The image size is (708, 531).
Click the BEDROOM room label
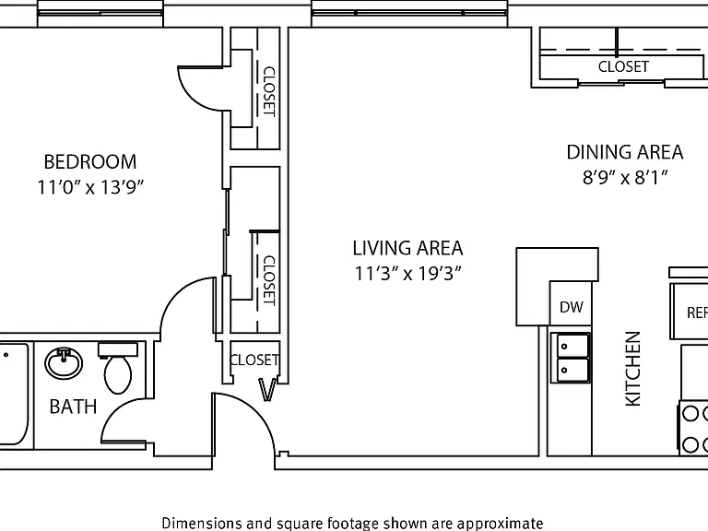(89, 161)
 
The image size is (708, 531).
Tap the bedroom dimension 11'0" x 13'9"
(89, 186)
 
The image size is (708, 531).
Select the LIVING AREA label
(407, 248)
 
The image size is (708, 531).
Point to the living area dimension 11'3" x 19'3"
(407, 273)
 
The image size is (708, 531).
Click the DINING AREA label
(625, 152)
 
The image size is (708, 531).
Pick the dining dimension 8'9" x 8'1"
(625, 177)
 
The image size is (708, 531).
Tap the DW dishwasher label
(572, 307)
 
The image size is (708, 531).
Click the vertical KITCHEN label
(632, 369)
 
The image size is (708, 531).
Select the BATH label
(73, 407)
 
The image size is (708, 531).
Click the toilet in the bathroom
(118, 368)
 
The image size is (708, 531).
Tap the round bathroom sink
(64, 363)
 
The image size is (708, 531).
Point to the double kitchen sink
(570, 358)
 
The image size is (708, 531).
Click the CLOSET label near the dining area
(623, 66)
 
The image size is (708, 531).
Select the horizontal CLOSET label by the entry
(254, 360)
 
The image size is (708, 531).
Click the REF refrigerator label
(697, 313)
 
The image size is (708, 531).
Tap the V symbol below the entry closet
(266, 390)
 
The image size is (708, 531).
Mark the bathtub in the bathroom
(15, 395)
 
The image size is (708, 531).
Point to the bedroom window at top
(100, 13)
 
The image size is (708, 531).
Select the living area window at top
(409, 13)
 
